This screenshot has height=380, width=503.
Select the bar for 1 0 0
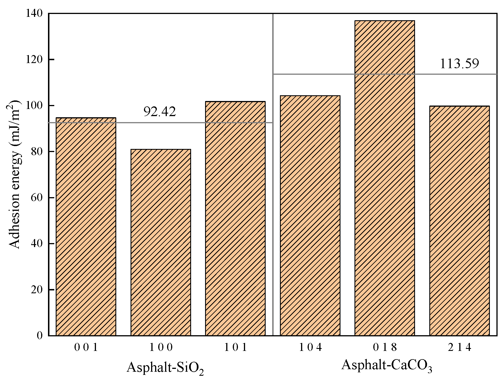pyautogui.click(x=161, y=242)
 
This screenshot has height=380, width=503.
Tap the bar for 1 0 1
pyautogui.click(x=235, y=218)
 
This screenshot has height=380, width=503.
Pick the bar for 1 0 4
pyautogui.click(x=310, y=215)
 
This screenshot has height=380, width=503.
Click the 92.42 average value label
pyautogui.click(x=159, y=112)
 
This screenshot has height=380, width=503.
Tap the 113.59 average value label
pyautogui.click(x=459, y=64)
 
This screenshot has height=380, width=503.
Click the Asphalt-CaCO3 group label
pyautogui.click(x=386, y=365)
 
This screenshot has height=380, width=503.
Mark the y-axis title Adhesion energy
pyautogui.click(x=15, y=174)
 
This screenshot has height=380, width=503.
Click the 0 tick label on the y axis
pyautogui.click(x=39, y=335)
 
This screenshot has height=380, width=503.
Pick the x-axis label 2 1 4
pyautogui.click(x=460, y=347)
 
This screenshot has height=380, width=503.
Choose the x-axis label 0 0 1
pyautogui.click(x=86, y=347)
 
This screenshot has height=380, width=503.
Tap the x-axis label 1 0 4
pyautogui.click(x=310, y=347)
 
